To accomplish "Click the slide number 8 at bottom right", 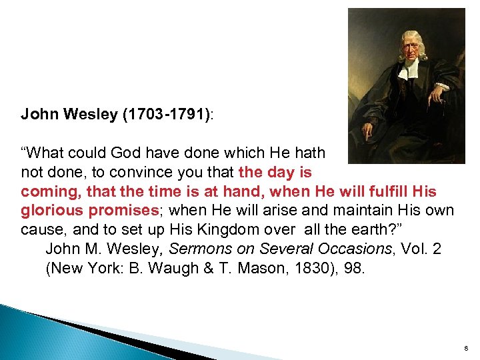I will coord(465,347).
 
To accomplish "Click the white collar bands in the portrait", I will coord(407,70).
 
